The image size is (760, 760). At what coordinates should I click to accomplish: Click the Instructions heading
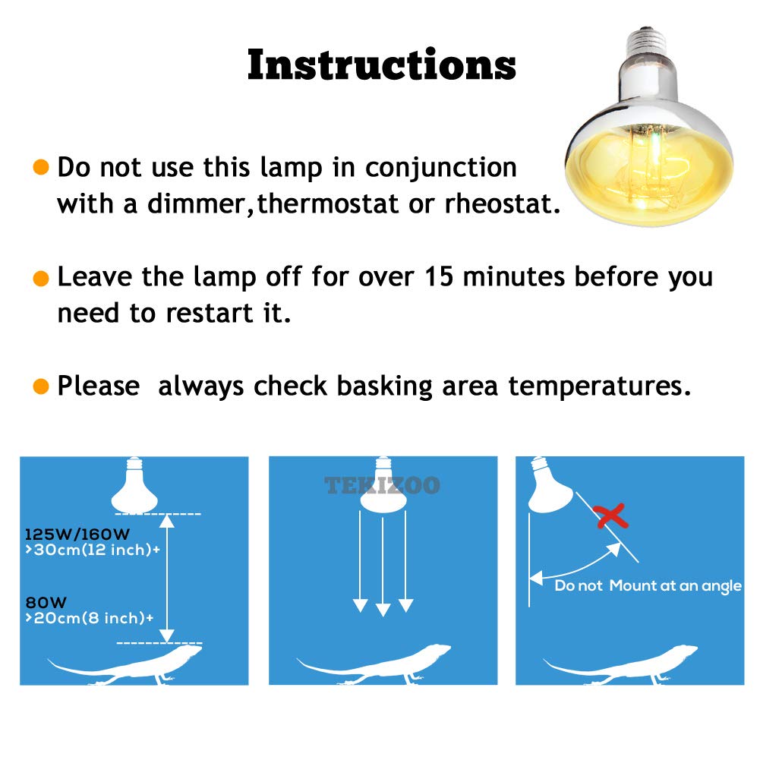pyautogui.click(x=381, y=65)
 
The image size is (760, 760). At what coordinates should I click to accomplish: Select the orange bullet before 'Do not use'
pyautogui.click(x=42, y=168)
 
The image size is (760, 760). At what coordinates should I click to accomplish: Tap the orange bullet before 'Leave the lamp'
pyautogui.click(x=42, y=278)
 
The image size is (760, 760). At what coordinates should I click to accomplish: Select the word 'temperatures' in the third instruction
pyautogui.click(x=599, y=386)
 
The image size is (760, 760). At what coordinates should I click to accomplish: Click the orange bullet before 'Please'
pyautogui.click(x=42, y=387)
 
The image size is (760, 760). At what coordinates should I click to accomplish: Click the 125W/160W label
pyautogui.click(x=68, y=534)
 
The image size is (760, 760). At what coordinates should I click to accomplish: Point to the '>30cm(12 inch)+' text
pyautogui.click(x=93, y=550)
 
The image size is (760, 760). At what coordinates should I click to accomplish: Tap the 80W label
pyautogui.click(x=42, y=602)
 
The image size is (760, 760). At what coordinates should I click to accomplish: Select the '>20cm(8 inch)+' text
pyautogui.click(x=89, y=618)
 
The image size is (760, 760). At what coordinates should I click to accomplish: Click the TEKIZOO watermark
pyautogui.click(x=383, y=485)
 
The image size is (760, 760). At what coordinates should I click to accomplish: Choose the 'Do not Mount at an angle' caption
pyautogui.click(x=648, y=585)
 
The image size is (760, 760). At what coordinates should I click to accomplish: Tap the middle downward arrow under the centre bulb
pyautogui.click(x=383, y=563)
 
